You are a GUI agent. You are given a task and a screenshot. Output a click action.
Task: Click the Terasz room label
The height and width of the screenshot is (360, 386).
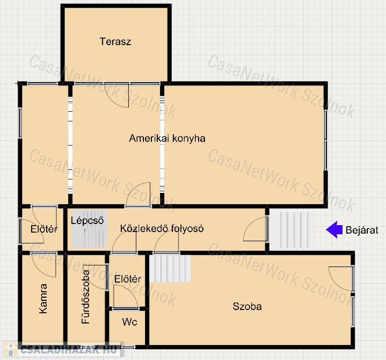115,41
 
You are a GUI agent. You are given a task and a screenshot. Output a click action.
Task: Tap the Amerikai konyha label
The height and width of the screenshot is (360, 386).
167,138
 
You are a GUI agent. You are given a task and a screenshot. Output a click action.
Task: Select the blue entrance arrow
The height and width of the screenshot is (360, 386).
334,229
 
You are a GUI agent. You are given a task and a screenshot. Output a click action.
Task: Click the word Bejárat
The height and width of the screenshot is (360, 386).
362,230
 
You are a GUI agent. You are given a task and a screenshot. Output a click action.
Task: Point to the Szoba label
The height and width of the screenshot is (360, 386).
247,306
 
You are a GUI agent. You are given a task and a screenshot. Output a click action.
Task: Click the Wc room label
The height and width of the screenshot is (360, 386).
129,321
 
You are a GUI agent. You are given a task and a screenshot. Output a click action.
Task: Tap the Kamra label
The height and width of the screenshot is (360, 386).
43,299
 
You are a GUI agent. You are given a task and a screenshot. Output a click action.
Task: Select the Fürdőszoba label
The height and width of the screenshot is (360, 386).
85,297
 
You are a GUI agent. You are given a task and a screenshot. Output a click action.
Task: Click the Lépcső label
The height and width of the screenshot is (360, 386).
87,220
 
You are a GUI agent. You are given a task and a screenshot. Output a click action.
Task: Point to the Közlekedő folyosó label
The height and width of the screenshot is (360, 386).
162,228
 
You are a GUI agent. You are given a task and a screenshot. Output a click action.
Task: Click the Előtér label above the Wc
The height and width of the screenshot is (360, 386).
128,279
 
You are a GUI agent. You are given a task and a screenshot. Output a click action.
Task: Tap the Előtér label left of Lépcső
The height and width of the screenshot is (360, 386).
44,229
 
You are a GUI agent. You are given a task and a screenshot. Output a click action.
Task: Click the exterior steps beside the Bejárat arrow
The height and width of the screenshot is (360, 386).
292,229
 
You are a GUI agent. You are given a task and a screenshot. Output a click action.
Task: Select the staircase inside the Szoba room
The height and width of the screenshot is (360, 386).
170,268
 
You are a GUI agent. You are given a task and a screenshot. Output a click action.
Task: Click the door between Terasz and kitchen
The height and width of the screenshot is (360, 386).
116,95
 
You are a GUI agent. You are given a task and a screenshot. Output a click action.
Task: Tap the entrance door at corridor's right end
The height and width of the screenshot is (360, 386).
256,228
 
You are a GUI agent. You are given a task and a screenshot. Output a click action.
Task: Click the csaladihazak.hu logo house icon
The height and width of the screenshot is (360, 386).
10,349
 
